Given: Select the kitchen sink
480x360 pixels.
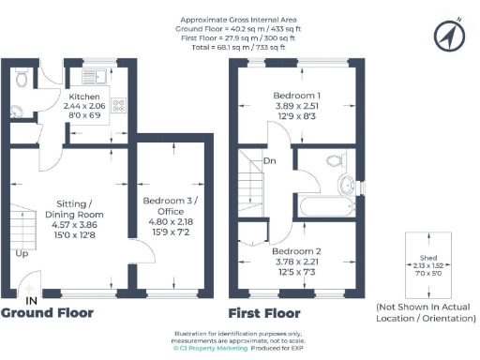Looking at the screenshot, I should pyautogui.click(x=92, y=76).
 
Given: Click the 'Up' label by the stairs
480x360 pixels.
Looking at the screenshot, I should pyautogui.click(x=21, y=252).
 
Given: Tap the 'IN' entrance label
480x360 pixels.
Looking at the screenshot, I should pyautogui.click(x=31, y=300).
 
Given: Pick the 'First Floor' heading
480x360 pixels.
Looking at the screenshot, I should pyautogui.click(x=265, y=313).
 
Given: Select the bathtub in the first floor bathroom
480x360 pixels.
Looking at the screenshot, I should pyautogui.click(x=324, y=207).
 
